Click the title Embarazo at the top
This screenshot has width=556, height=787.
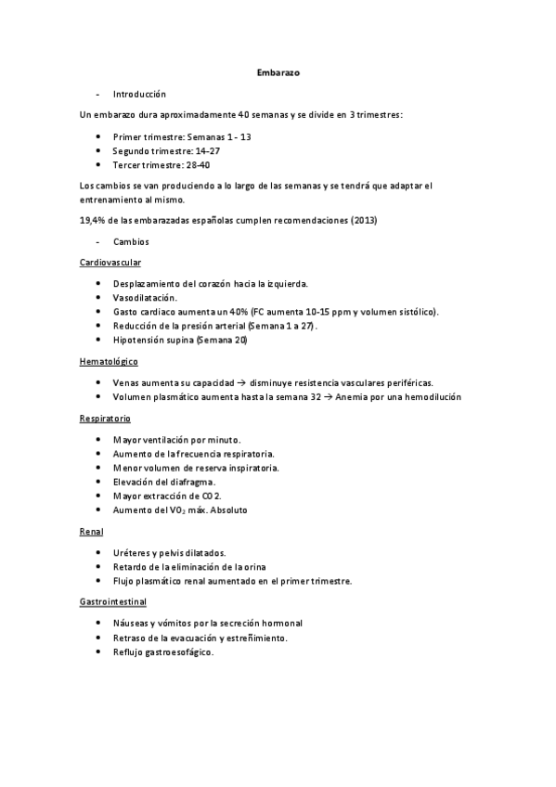coord(278,71)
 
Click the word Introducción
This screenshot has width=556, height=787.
coord(139,94)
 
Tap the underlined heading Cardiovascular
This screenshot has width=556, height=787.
coord(111,263)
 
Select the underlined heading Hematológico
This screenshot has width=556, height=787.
coord(110,361)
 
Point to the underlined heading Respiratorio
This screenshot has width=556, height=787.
coord(106,418)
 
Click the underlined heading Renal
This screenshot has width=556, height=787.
coord(92,531)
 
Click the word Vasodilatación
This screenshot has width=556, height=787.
coord(144,298)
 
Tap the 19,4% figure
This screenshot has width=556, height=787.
coord(95,220)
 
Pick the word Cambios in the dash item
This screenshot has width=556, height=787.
coord(131,241)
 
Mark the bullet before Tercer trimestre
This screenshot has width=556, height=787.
coord(99,164)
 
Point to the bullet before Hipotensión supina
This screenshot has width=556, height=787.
coord(99,341)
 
